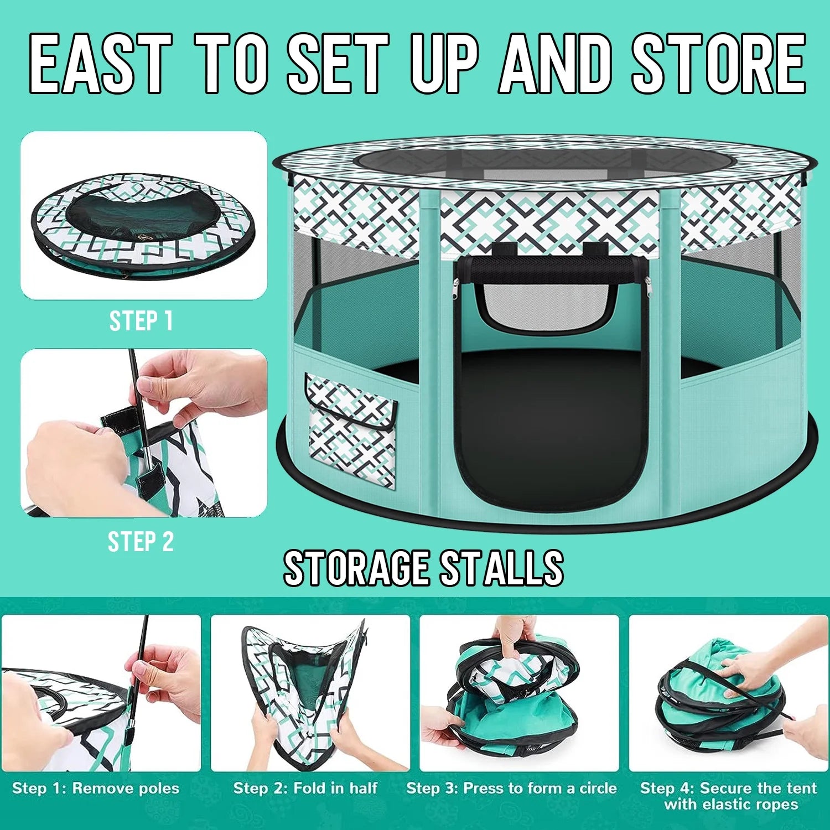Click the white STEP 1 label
click(141, 321)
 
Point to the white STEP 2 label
click(141, 541)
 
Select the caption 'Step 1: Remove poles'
click(96, 788)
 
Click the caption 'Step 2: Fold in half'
click(305, 788)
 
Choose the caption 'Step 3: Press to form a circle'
click(511, 788)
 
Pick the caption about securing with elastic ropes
click(728, 796)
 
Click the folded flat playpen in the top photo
click(143, 224)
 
